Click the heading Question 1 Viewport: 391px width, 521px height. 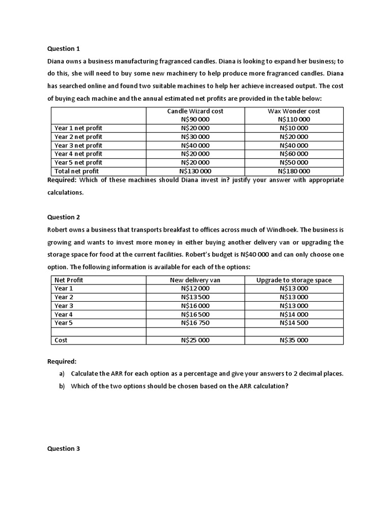tap(64, 49)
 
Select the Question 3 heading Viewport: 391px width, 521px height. tap(64, 449)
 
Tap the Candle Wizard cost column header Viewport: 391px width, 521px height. tap(195, 111)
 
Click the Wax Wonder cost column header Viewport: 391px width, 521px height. tap(294, 111)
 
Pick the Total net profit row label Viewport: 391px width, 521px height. tap(76, 171)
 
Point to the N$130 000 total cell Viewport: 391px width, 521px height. tap(195, 171)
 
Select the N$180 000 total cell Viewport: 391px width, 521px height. tap(294, 171)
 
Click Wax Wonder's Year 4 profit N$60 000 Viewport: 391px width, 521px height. tap(294, 154)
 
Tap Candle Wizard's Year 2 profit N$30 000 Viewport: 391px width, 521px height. tap(195, 136)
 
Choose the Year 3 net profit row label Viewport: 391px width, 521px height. tap(78, 145)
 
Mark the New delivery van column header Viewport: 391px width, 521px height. tap(195, 280)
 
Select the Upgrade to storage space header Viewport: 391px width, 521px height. tap(294, 280)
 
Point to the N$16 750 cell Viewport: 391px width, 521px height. tap(195, 323)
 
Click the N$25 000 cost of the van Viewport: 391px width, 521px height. tap(195, 340)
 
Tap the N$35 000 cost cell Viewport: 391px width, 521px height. tap(294, 340)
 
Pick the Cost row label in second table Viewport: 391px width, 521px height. tap(61, 340)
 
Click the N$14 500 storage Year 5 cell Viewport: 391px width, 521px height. tap(294, 323)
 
